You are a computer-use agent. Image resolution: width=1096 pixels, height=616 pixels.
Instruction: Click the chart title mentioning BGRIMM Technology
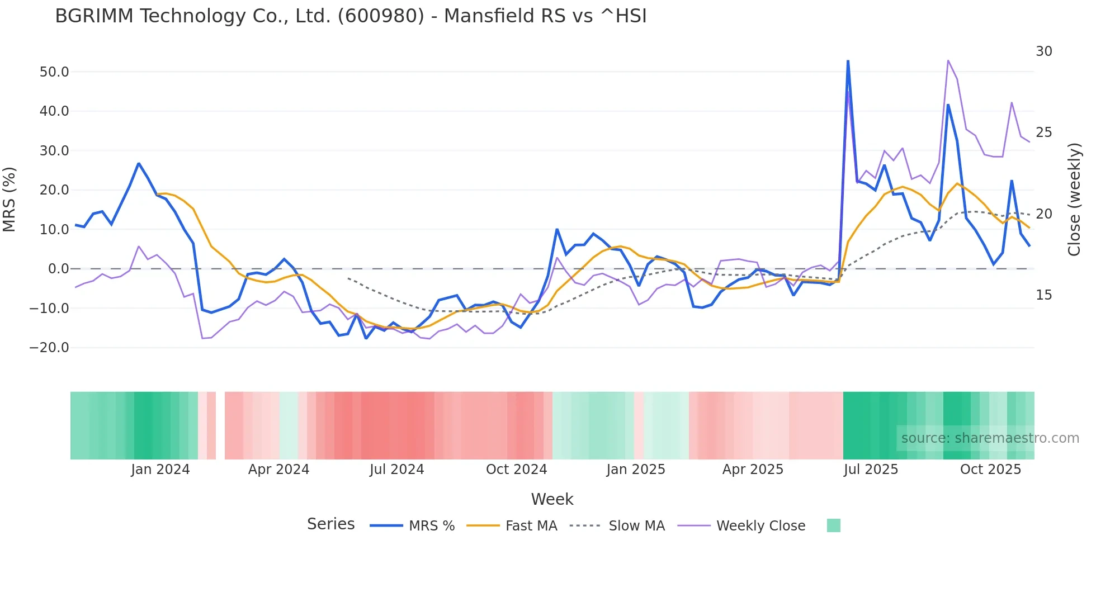tap(351, 16)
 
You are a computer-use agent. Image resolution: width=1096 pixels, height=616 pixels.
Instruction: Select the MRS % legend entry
tap(431, 526)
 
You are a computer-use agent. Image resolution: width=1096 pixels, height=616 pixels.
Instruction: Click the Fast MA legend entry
tap(531, 526)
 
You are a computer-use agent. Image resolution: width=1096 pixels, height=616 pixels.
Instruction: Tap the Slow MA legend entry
tap(636, 526)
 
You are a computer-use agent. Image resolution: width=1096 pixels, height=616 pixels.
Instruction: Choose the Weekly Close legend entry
tap(760, 526)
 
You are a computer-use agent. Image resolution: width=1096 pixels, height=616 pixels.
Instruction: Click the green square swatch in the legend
tap(833, 525)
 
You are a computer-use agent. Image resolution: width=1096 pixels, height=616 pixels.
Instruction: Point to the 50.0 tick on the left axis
tap(54, 72)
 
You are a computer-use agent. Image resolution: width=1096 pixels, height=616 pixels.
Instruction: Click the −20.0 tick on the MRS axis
tap(49, 348)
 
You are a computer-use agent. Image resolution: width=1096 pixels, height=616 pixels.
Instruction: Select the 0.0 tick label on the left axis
tap(59, 269)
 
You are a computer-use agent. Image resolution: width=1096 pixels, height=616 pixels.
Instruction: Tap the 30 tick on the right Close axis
tap(1043, 51)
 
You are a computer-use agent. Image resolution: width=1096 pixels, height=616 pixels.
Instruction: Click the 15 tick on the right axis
tap(1043, 295)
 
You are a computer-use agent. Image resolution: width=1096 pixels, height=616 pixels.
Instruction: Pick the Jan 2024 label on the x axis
tap(160, 470)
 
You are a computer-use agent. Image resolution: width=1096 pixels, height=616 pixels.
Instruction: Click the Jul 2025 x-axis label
tap(871, 470)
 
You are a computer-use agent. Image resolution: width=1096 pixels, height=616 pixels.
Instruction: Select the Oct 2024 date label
tap(516, 470)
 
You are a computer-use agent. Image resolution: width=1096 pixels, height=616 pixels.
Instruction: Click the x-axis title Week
tap(552, 499)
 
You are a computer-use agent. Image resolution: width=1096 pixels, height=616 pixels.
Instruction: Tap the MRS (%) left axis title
tap(10, 199)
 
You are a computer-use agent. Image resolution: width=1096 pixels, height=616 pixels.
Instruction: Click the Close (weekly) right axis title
tap(1074, 200)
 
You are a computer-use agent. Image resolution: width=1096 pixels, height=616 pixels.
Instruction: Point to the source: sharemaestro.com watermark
tap(990, 438)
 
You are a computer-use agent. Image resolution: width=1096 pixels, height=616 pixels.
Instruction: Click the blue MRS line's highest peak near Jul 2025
tap(848, 61)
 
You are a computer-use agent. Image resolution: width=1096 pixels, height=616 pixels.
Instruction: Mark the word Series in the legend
tap(330, 524)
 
